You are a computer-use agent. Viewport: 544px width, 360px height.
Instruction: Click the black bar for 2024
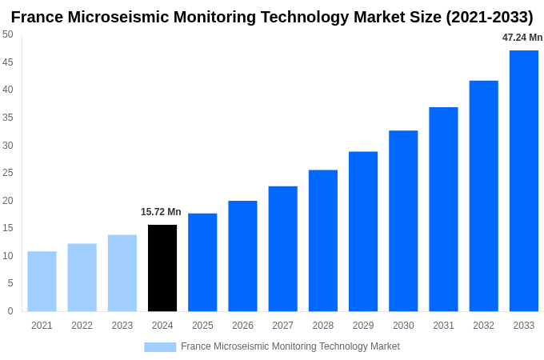pyautogui.click(x=162, y=268)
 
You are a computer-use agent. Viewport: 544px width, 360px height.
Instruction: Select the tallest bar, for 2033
pyautogui.click(x=524, y=181)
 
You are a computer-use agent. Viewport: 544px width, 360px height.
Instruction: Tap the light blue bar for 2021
pyautogui.click(x=42, y=282)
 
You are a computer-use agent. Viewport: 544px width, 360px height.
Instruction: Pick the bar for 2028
pyautogui.click(x=323, y=240)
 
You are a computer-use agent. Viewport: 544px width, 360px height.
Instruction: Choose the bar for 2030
pyautogui.click(x=403, y=221)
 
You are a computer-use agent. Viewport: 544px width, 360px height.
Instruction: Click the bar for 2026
pyautogui.click(x=242, y=256)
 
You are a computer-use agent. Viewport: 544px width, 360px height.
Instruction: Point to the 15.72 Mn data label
pyautogui.click(x=161, y=212)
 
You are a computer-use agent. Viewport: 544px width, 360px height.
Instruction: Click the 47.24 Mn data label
pyautogui.click(x=522, y=38)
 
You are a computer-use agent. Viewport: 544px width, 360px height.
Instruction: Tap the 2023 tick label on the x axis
pyautogui.click(x=122, y=326)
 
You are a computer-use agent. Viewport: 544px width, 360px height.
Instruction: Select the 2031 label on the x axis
pyautogui.click(x=443, y=326)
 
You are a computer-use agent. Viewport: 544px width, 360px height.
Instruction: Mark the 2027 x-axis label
pyautogui.click(x=282, y=326)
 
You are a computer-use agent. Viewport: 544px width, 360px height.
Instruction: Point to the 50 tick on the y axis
pyautogui.click(x=8, y=34)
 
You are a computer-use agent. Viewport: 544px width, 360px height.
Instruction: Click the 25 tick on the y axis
pyautogui.click(x=8, y=173)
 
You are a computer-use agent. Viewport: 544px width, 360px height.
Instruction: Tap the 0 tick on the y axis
pyautogui.click(x=10, y=311)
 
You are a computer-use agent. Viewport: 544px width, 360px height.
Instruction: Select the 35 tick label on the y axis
pyautogui.click(x=8, y=118)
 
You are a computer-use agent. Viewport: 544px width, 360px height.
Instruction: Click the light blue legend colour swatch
pyautogui.click(x=160, y=347)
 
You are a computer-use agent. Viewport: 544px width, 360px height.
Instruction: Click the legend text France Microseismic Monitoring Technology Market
pyautogui.click(x=290, y=346)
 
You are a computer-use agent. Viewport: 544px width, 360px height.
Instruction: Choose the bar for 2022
pyautogui.click(x=82, y=278)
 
